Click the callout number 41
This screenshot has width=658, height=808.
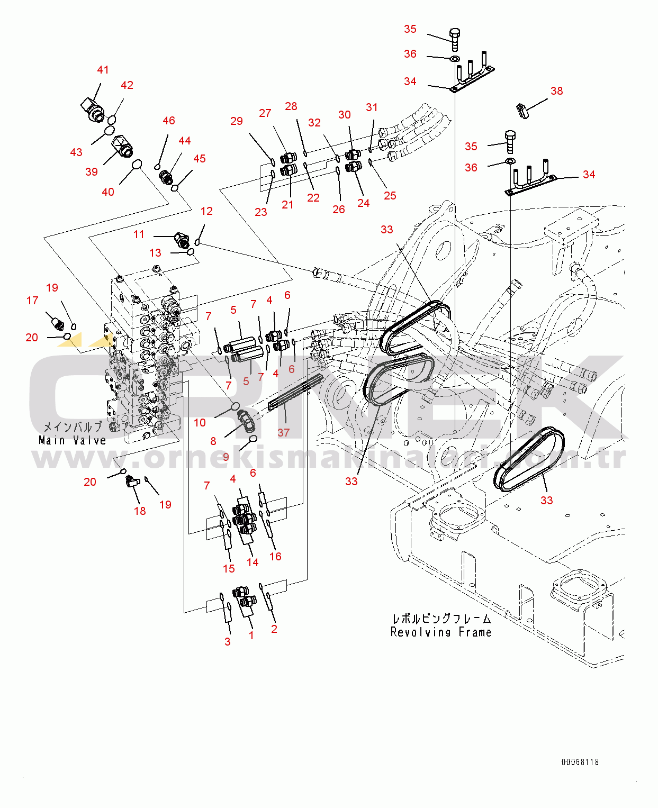click(x=103, y=70)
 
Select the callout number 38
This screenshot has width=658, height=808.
click(x=556, y=91)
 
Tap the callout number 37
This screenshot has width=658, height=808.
click(x=284, y=432)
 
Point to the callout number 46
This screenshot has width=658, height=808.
click(x=169, y=121)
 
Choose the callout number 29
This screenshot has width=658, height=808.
click(x=237, y=121)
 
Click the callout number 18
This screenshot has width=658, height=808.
click(x=140, y=511)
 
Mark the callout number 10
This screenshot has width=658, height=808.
click(x=200, y=422)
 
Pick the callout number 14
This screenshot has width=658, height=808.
click(x=253, y=562)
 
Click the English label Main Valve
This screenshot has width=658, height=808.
click(x=73, y=440)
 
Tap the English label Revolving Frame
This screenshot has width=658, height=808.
click(x=441, y=632)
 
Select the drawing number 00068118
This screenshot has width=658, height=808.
click(x=580, y=762)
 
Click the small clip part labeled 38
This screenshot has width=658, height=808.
click(x=523, y=111)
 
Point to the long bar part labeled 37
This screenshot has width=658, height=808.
click(x=295, y=392)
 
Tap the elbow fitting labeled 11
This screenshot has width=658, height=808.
click(x=182, y=241)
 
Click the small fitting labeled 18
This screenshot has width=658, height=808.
click(x=130, y=482)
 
